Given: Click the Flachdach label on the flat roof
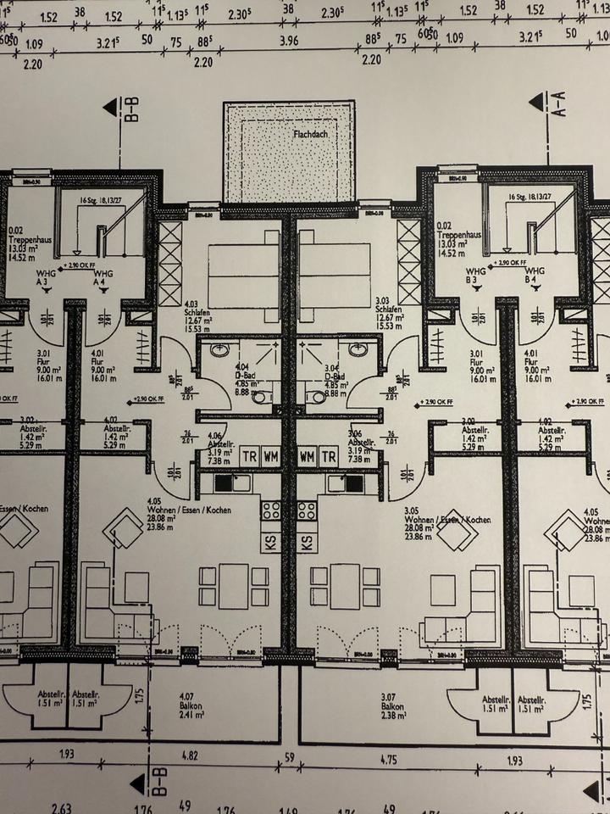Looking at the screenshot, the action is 311,134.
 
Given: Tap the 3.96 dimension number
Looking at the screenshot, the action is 289,39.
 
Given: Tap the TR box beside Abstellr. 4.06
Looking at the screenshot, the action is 249,456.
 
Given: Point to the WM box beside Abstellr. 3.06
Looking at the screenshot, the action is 307,456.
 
